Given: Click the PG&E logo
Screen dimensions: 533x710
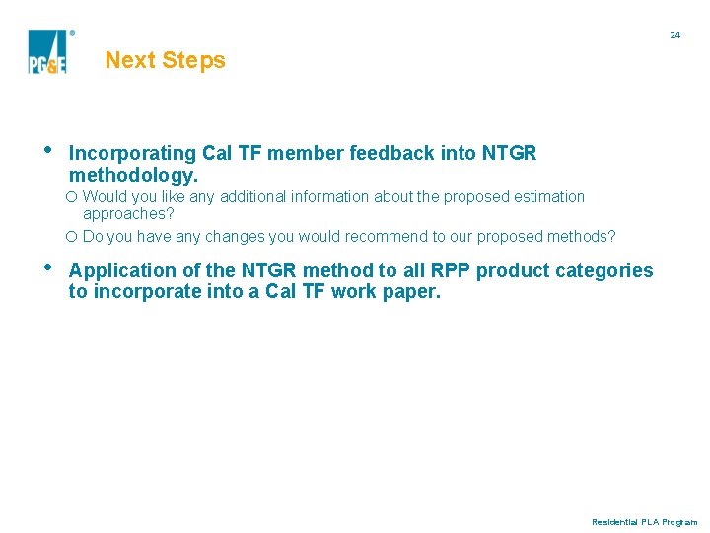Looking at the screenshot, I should pyautogui.click(x=47, y=51).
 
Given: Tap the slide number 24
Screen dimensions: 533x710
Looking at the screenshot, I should pyautogui.click(x=674, y=35).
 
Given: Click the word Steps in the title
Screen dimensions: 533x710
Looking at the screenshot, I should pyautogui.click(x=194, y=60).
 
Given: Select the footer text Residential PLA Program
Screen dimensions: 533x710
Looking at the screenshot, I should pyautogui.click(x=644, y=522).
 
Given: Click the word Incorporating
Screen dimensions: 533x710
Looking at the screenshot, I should pyautogui.click(x=132, y=153).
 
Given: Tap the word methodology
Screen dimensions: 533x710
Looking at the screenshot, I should pyautogui.click(x=133, y=175).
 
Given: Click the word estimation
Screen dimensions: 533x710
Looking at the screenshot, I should pyautogui.click(x=549, y=197).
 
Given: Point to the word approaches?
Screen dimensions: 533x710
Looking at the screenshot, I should pyautogui.click(x=128, y=213).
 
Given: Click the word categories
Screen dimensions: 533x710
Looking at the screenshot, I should pyautogui.click(x=604, y=270).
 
